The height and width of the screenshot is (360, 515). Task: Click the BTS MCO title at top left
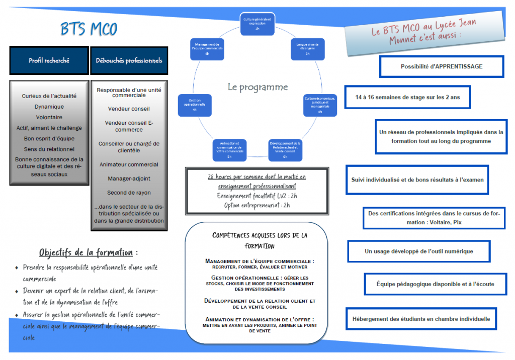[89, 29]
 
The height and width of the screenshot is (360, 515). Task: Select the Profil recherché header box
[49, 61]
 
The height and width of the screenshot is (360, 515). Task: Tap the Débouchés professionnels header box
[129, 61]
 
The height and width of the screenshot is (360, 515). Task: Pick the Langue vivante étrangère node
[307, 49]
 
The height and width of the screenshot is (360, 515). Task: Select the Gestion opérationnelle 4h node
[194, 104]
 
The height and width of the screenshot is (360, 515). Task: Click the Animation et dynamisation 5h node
[229, 149]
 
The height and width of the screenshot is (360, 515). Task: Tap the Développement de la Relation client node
[285, 149]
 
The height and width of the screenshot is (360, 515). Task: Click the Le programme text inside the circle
[257, 87]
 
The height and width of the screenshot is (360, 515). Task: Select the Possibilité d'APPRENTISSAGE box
[441, 66]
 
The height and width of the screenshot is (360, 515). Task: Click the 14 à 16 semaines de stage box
[408, 97]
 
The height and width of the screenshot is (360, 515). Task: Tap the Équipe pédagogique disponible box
[435, 284]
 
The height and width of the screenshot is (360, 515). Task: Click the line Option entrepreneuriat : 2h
[257, 205]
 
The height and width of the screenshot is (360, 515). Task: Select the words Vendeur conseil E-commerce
[129, 126]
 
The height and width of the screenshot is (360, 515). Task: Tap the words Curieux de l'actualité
[49, 96]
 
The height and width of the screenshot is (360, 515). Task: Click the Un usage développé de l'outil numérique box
[418, 251]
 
